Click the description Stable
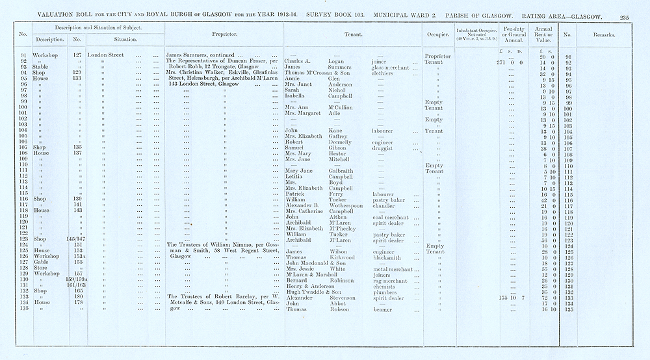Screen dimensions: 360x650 pyautogui.click(x=42, y=67)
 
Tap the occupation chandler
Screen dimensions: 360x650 pyautogui.click(x=383, y=205)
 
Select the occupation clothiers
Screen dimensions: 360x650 pyautogui.click(x=382, y=73)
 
